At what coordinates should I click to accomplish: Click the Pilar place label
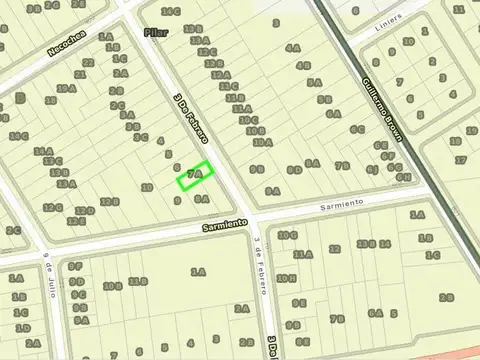click(x=155, y=33)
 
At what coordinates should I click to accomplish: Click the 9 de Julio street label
click(x=47, y=268)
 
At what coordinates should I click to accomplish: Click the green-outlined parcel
click(x=196, y=175)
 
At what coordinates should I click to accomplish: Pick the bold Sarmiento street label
click(x=223, y=225)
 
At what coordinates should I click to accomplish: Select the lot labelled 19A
click(x=66, y=88)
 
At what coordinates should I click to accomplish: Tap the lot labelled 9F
click(x=77, y=266)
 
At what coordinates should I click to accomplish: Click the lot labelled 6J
click(x=372, y=170)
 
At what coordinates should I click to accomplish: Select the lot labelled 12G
click(x=53, y=208)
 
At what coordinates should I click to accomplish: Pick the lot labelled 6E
click(x=380, y=144)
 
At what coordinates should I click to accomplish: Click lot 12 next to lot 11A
click(x=335, y=249)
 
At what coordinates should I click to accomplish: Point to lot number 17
click(x=459, y=159)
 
